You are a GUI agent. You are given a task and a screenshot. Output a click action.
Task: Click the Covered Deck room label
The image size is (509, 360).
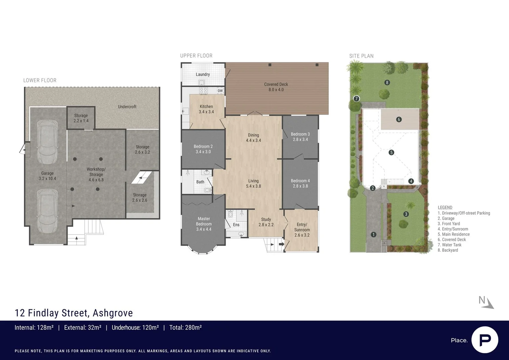(x=276, y=87)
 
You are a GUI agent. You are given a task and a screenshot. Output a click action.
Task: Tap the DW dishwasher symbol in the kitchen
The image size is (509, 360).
(x=220, y=91)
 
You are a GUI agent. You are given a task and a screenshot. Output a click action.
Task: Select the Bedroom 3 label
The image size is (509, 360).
(x=300, y=137)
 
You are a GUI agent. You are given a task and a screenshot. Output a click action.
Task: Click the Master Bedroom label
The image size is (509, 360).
(x=204, y=224)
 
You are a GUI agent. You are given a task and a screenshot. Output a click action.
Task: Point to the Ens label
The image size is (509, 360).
(x=236, y=225)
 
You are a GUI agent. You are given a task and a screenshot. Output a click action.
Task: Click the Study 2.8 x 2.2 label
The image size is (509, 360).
(x=266, y=222)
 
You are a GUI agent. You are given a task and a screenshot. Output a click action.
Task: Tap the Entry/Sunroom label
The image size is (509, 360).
(x=302, y=230)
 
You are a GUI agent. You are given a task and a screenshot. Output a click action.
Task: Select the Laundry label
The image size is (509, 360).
(x=203, y=74)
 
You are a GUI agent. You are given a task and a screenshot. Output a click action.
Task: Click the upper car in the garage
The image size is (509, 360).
(x=47, y=142)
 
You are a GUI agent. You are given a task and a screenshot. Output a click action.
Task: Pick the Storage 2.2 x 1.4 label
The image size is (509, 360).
(x=81, y=118)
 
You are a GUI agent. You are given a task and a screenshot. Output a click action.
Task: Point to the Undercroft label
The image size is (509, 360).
(x=127, y=107)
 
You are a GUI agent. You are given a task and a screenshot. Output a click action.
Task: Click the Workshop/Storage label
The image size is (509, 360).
(x=96, y=174)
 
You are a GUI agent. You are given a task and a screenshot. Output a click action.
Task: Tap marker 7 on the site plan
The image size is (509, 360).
(x=356, y=99)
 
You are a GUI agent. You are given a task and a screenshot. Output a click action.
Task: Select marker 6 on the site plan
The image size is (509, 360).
(x=399, y=119)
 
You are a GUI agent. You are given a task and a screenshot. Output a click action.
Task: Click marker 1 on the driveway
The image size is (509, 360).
(x=373, y=235)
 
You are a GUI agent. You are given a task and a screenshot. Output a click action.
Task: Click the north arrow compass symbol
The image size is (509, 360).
(x=487, y=302)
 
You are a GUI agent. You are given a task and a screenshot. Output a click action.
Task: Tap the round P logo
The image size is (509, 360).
(x=485, y=340)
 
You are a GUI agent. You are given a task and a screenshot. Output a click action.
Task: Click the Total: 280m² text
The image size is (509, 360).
(x=185, y=328)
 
